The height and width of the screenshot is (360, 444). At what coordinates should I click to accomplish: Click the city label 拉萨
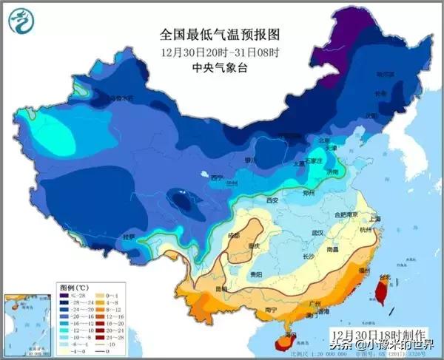click(129, 237)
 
